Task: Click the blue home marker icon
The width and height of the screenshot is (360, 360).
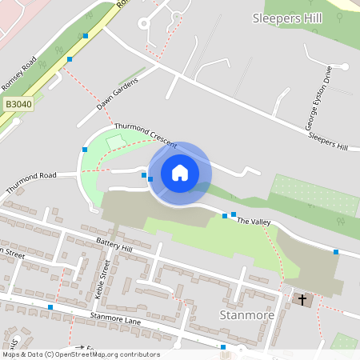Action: pyautogui.click(x=179, y=172)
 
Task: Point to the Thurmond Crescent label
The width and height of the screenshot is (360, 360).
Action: pyautogui.click(x=145, y=133)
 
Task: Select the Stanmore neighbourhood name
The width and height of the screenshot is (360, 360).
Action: pyautogui.click(x=246, y=314)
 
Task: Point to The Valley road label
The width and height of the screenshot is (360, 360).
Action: pyautogui.click(x=255, y=222)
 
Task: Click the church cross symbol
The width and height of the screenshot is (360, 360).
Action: pyautogui.click(x=302, y=300)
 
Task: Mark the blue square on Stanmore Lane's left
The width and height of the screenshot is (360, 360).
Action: pyautogui.click(x=50, y=307)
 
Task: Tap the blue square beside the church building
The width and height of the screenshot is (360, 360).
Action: pyautogui.click(x=336, y=252)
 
